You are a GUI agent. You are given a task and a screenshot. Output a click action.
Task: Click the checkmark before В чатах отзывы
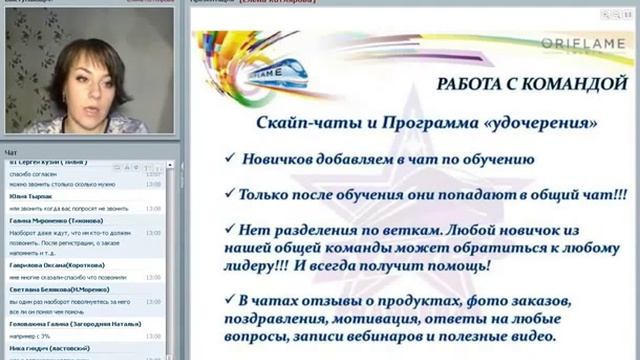[231, 301]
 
